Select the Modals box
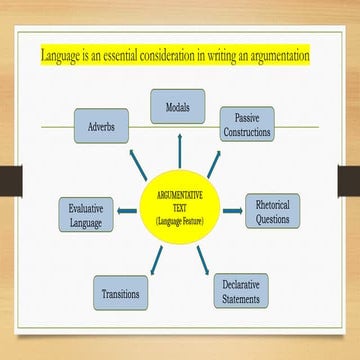178,105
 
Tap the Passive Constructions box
247,123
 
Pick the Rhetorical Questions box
272,210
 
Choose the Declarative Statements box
241,290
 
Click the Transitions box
122,294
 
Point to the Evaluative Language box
86,214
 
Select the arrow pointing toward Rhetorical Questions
232,210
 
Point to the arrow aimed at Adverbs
139,160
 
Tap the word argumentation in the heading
270,55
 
